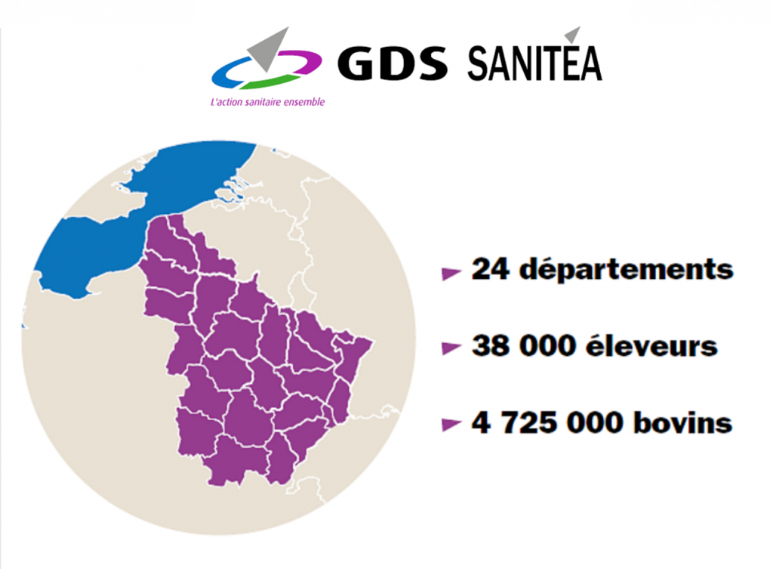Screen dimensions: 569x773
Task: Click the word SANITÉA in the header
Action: coord(534,63)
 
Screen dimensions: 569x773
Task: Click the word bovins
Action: coord(683,422)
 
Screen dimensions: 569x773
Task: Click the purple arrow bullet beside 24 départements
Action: coord(451,273)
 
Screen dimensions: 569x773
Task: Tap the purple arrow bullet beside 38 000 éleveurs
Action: coord(451,348)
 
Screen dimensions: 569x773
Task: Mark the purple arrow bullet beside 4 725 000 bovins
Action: coord(451,425)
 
